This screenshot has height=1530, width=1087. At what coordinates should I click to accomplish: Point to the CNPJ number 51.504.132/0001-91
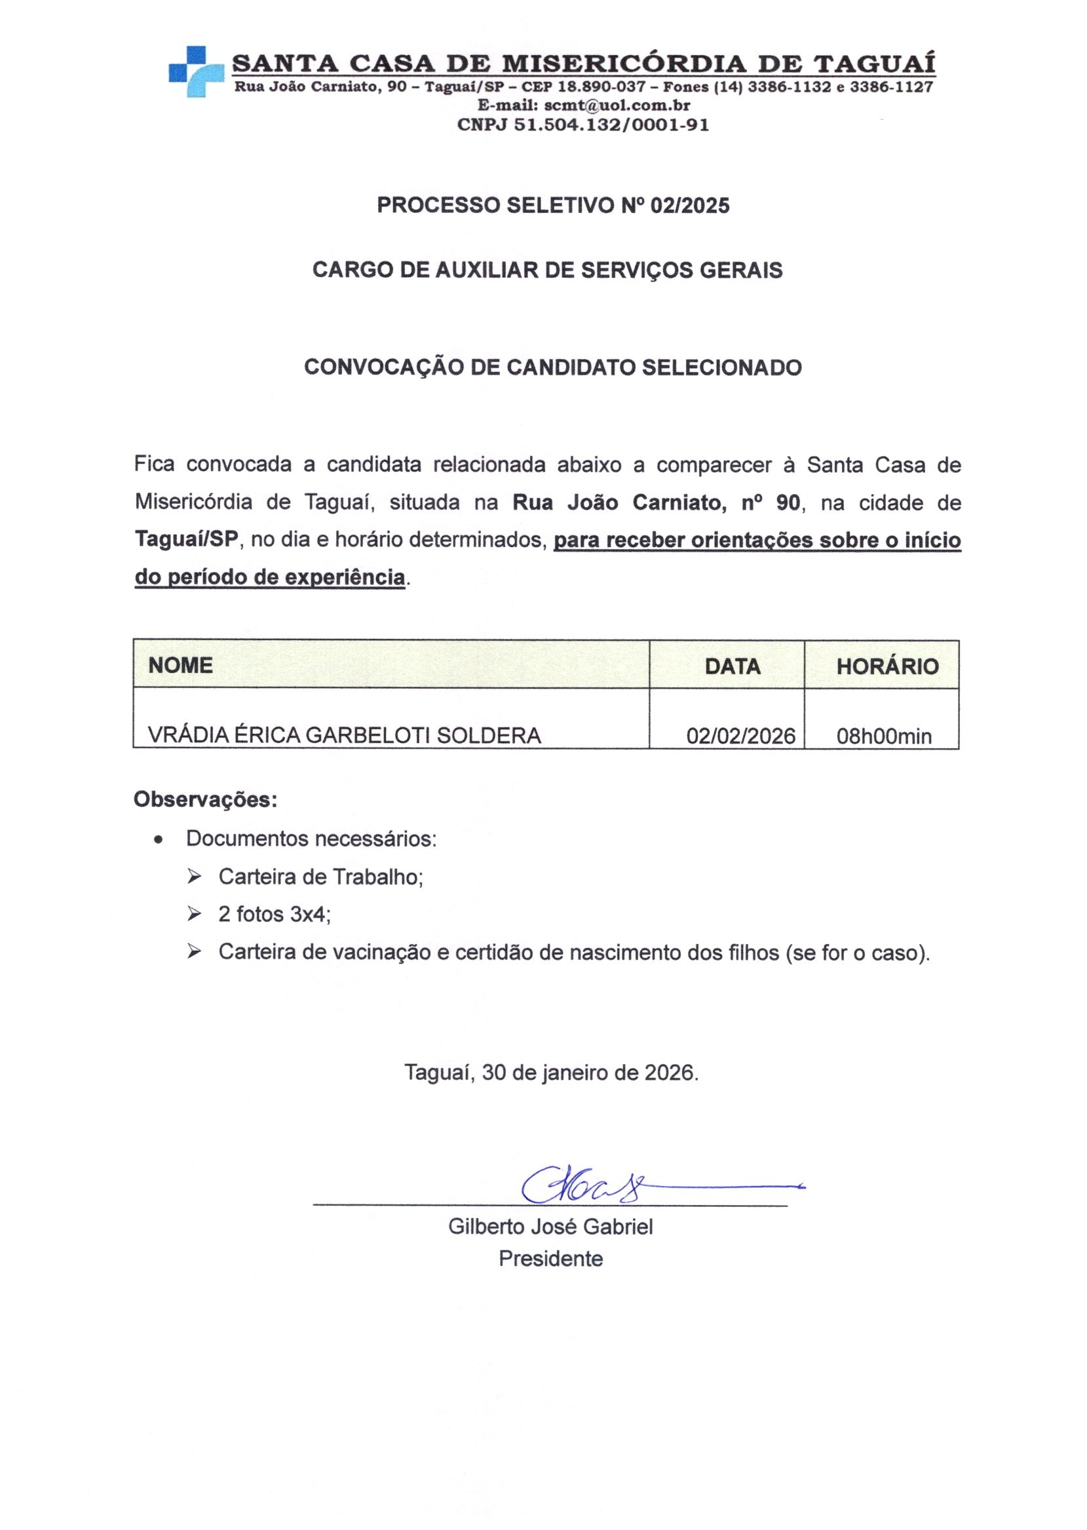(611, 124)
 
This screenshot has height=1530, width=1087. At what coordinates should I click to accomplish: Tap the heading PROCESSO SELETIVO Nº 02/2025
(553, 206)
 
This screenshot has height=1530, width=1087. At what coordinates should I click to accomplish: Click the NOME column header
(181, 664)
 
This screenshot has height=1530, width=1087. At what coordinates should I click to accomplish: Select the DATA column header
(733, 666)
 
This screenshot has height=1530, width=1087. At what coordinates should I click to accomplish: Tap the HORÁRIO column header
(887, 666)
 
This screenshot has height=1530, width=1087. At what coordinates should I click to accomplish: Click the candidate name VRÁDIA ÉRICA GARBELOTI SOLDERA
(344, 735)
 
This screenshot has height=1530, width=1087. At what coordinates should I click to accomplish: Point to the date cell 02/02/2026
(740, 736)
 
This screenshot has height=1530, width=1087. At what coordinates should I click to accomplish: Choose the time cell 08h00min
(883, 736)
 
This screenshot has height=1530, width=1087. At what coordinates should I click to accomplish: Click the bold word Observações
(206, 799)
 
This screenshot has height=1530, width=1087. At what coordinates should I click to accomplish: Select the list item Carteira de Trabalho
(320, 877)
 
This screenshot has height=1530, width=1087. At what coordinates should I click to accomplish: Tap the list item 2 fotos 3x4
(275, 914)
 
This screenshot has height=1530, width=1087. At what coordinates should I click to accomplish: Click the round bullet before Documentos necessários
(158, 839)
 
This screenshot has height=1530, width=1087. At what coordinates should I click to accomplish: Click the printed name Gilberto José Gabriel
(550, 1227)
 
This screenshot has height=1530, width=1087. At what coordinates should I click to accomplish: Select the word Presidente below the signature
(550, 1259)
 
